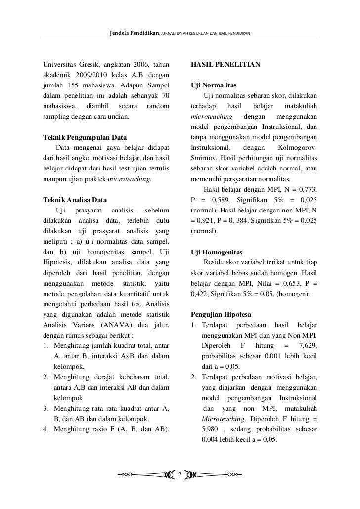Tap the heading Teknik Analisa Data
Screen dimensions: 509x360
pos(76,200)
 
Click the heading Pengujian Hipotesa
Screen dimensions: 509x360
pos(221,314)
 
